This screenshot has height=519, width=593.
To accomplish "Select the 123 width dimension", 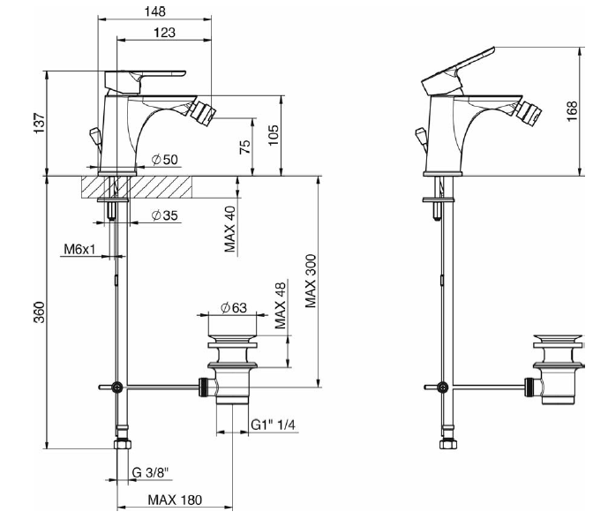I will coord(163,33).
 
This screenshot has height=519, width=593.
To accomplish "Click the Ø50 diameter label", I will coord(165,160).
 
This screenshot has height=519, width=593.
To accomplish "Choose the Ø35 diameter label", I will coord(165,215).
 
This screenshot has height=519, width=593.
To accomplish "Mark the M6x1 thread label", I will coord(79,251).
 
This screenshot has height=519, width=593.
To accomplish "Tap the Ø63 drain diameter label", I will coord(234,307).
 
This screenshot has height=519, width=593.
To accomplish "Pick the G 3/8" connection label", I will coord(151,474).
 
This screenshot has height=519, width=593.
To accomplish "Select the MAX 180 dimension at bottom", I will coord(175,500).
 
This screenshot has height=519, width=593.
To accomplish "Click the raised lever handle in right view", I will coord(459,64).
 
